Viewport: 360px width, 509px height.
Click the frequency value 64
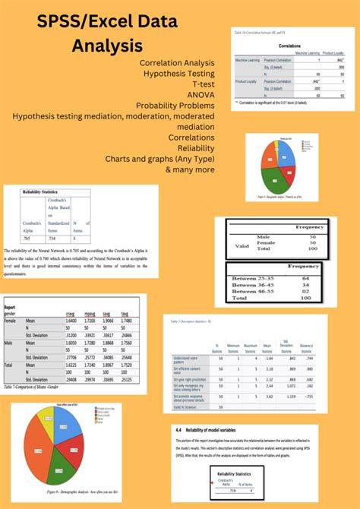[311, 278]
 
